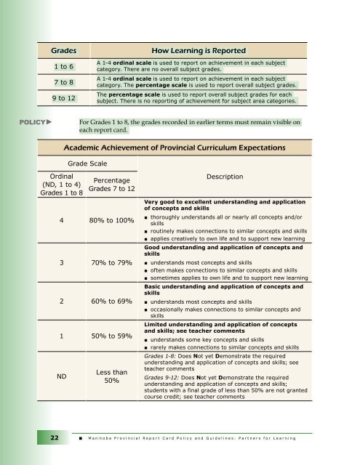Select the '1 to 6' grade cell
(x=63, y=68)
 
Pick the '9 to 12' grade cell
(x=63, y=99)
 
